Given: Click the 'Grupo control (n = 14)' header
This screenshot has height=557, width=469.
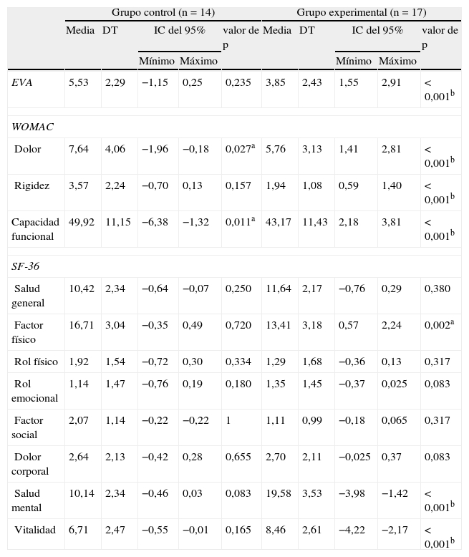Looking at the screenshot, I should click(x=163, y=12).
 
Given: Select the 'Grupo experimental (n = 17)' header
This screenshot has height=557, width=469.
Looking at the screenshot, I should click(x=360, y=12).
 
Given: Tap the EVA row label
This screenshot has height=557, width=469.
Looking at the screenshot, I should click(x=22, y=83).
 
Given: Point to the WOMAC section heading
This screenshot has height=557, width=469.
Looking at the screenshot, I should click(x=33, y=127).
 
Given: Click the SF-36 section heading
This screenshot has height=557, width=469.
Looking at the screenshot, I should click(x=26, y=266).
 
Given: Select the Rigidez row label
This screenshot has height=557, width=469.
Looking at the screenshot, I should click(x=32, y=186).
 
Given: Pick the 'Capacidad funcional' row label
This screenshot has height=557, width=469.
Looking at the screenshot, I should click(x=35, y=229).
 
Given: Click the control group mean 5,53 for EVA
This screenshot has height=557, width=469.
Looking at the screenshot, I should click(x=79, y=83).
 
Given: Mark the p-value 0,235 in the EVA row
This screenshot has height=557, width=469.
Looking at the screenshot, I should click(x=238, y=83).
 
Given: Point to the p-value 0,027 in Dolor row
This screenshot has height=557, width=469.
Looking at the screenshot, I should click(x=240, y=149).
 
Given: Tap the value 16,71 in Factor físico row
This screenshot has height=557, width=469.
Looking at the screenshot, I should click(x=81, y=326).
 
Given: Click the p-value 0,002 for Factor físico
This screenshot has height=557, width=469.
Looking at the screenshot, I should click(x=438, y=326).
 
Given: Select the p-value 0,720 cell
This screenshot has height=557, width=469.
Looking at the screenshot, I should click(x=238, y=326).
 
